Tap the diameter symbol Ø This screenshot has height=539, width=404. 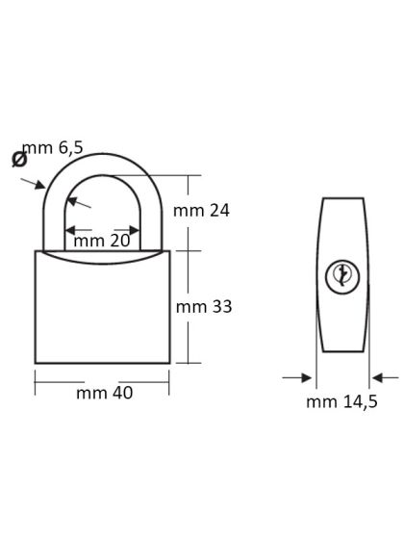(x=20, y=159)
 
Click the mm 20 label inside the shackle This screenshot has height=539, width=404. (x=101, y=241)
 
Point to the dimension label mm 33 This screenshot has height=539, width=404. (x=205, y=306)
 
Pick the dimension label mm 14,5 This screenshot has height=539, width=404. (x=341, y=401)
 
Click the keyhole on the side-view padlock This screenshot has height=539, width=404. (x=342, y=275)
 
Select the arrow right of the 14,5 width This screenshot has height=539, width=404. (x=381, y=377)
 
